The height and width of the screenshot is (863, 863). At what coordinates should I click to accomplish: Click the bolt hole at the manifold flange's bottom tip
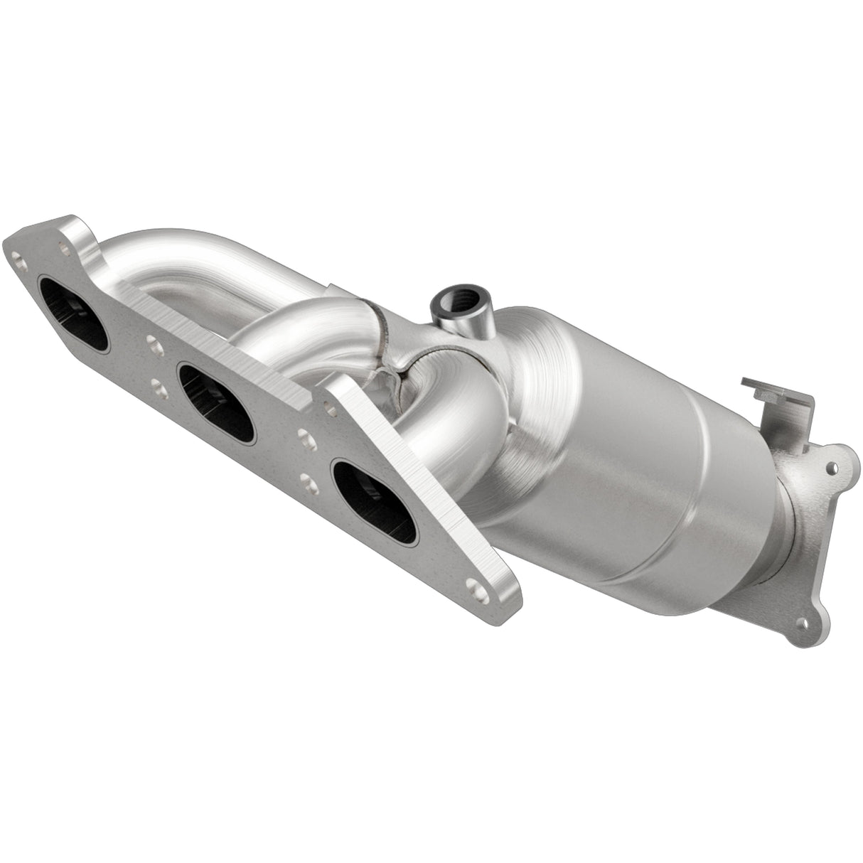(x=472, y=586)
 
